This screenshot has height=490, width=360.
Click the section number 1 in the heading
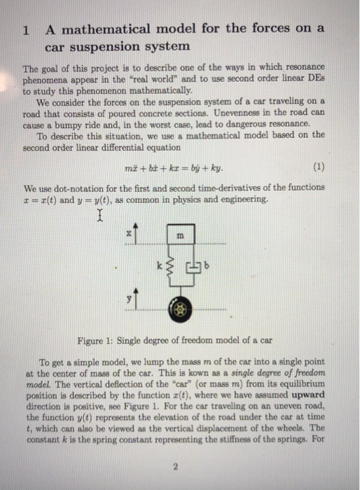[26, 30]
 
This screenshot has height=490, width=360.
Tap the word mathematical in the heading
[103, 29]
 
